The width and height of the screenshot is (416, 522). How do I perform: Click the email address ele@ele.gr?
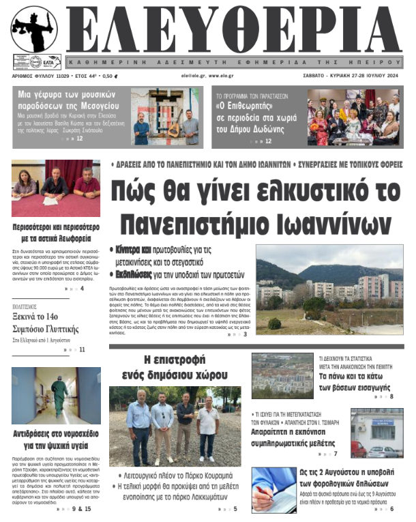(194, 76)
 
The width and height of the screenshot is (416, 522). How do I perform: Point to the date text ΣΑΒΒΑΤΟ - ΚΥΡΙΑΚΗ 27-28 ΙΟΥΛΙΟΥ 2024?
(348, 76)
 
